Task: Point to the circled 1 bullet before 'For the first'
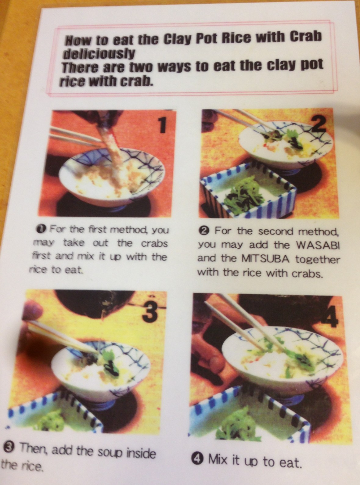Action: [44, 229]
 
